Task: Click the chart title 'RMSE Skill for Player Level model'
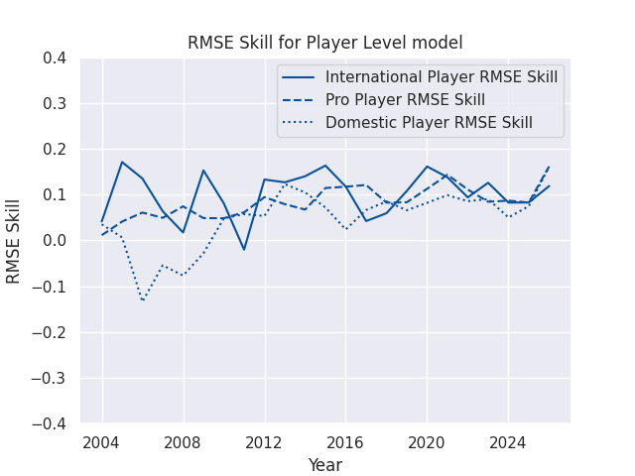(324, 43)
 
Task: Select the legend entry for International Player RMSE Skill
(442, 77)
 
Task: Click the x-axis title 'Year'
(324, 465)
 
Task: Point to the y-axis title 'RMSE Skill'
(14, 241)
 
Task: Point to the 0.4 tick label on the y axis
(55, 59)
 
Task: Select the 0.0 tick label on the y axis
(55, 241)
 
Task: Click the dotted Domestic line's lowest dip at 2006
(143, 299)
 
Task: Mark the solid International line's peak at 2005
(122, 162)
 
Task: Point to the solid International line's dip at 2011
(244, 249)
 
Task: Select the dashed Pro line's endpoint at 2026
(549, 166)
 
